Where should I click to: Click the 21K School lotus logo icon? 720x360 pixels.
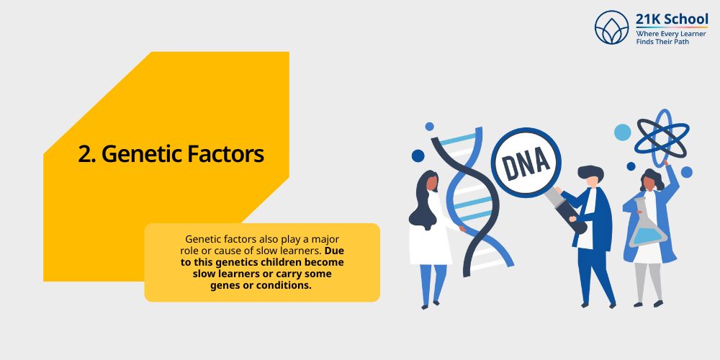click(x=612, y=27)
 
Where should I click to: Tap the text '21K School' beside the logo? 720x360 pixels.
click(x=672, y=19)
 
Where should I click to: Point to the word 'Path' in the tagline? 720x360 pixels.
click(x=696, y=42)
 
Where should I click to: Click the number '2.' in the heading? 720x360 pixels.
click(x=87, y=154)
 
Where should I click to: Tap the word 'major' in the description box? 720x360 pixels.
click(x=324, y=238)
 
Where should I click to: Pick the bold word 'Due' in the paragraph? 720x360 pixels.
click(x=333, y=251)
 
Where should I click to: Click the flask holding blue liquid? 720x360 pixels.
click(x=647, y=231)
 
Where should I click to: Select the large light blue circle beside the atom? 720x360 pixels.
click(x=622, y=132)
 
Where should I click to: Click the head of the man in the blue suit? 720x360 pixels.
click(x=591, y=177)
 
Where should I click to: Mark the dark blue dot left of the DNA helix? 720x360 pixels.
click(x=418, y=156)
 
